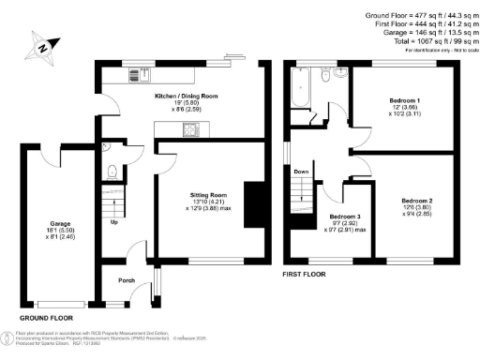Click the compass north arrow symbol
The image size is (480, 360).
pos(40,45)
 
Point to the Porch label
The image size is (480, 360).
pos(126,280)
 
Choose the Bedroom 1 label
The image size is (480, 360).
pos(405,98)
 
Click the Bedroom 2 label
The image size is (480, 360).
pos(417,201)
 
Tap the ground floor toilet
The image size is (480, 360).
pos(112,171)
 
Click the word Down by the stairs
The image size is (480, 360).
pos(301,172)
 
